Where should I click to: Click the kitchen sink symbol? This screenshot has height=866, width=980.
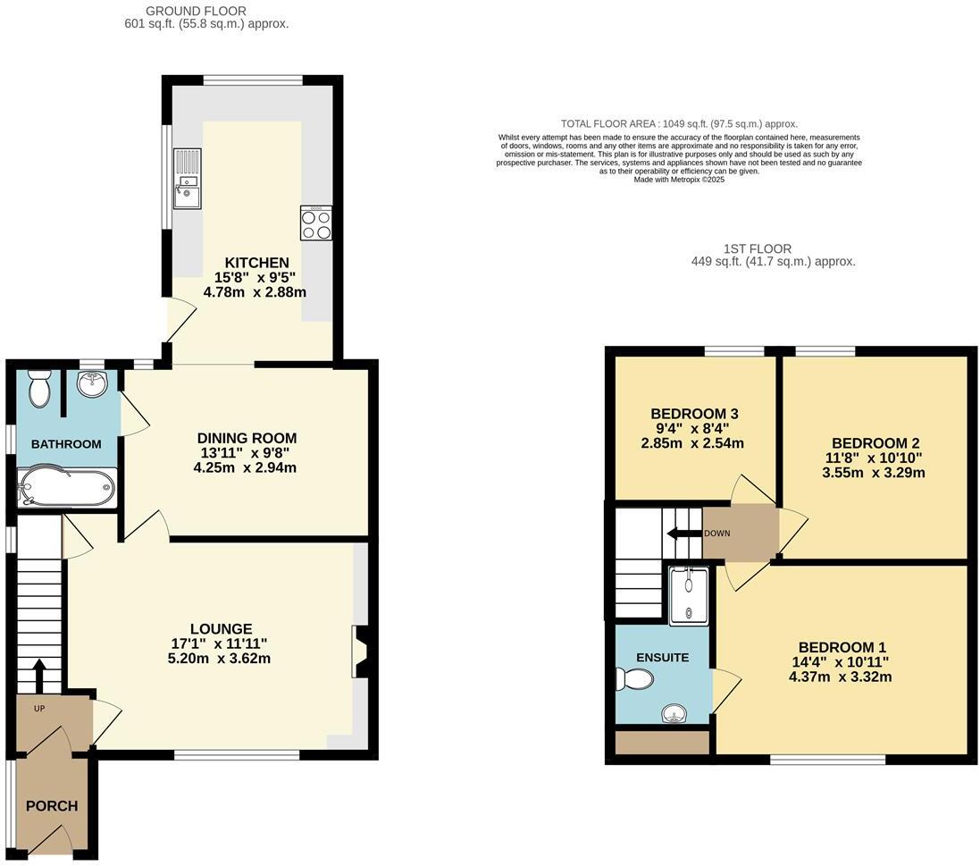[x=188, y=179]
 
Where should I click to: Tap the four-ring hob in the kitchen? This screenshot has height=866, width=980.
[x=315, y=223]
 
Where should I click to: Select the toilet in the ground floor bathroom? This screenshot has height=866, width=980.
[x=38, y=389]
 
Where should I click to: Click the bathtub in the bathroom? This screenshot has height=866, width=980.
[x=65, y=488]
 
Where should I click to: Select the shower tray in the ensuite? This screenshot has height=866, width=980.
[x=689, y=594]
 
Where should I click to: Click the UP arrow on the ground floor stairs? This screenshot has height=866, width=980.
[x=38, y=675]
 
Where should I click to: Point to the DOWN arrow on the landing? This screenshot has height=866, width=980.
[x=683, y=534]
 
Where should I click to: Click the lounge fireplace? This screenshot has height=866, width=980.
[x=360, y=652]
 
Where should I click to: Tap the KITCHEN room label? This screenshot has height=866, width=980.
[x=256, y=263]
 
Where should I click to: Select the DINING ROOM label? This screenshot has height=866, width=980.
[x=247, y=438]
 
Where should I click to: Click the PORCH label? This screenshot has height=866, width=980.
[x=52, y=805]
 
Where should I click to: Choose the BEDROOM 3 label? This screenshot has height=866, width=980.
[x=693, y=414]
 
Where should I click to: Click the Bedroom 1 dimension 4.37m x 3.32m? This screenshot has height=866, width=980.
[x=840, y=677]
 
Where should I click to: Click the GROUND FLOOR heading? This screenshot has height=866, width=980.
[x=206, y=10]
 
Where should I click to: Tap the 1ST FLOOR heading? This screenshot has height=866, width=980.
[x=758, y=248]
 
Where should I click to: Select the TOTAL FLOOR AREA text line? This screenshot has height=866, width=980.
[x=679, y=124]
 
